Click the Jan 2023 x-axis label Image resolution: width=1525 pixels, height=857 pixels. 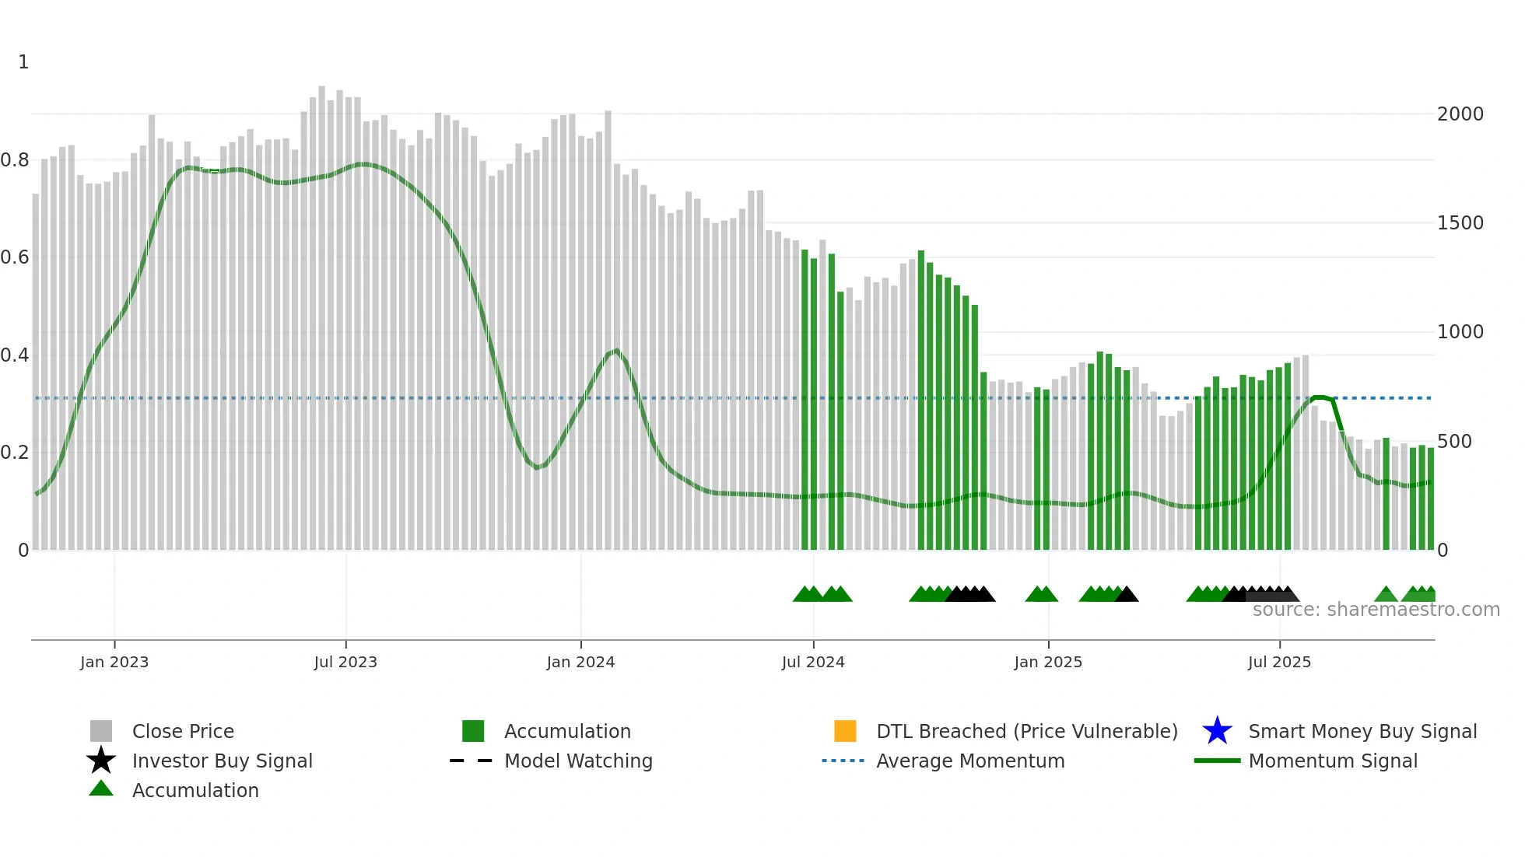(114, 662)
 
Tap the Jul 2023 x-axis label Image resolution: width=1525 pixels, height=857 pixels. (345, 662)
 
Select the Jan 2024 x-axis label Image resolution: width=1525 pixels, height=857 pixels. (580, 662)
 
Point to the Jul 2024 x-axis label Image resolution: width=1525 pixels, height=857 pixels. (813, 662)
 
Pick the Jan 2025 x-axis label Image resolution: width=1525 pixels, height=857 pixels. (1048, 662)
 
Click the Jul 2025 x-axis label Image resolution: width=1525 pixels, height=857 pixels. (1279, 662)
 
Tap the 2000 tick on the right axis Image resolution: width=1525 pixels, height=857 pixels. (1460, 114)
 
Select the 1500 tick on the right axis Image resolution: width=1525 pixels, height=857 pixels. (1460, 223)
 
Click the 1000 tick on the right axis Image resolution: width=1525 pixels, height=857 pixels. (1460, 332)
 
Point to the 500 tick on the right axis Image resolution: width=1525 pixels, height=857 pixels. (1453, 442)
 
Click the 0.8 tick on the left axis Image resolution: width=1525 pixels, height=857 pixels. (15, 160)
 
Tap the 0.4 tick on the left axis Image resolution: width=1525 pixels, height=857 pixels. (15, 355)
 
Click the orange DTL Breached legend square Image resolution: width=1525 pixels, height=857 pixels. (845, 731)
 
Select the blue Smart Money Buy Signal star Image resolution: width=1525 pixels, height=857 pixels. (1217, 731)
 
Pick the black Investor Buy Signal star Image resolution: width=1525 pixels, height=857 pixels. (101, 761)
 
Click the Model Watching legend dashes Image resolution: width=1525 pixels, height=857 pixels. (472, 761)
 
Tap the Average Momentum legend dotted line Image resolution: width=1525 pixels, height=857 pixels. (843, 761)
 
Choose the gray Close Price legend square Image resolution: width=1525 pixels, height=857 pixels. (101, 731)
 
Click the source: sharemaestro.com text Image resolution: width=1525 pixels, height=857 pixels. (1376, 610)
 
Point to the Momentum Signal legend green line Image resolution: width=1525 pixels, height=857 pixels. (1217, 761)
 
